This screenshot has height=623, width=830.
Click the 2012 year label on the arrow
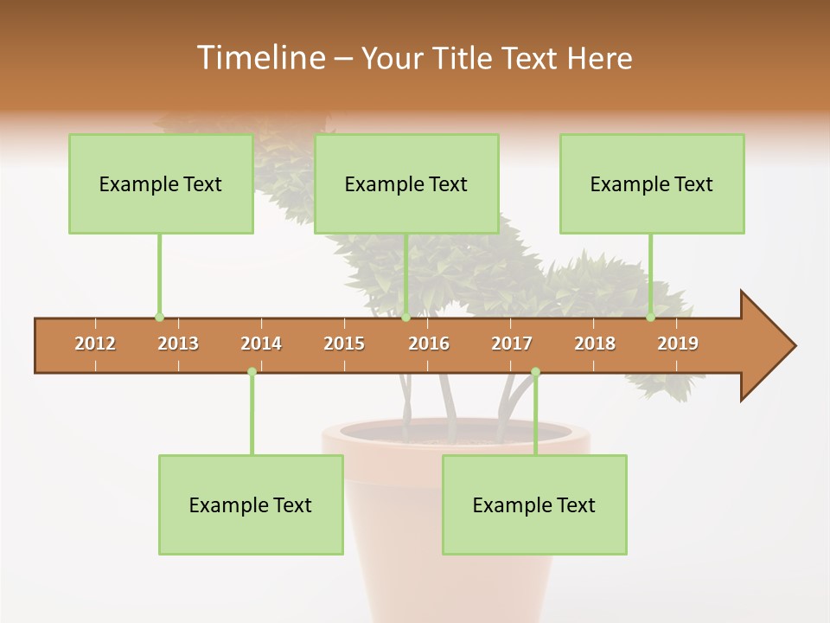(95, 344)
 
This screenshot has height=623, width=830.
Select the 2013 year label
(178, 344)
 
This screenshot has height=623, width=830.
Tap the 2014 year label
(261, 344)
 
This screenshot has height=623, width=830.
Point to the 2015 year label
(344, 344)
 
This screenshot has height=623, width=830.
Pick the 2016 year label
(429, 344)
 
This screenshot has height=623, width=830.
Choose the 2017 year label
(512, 344)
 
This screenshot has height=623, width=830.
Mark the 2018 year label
(595, 344)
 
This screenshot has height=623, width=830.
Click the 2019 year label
(678, 344)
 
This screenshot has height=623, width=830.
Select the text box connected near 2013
(161, 184)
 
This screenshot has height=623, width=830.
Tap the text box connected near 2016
(406, 184)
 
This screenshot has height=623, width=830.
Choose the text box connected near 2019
(652, 184)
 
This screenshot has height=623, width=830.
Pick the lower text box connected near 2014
(251, 505)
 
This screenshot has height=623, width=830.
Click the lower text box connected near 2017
(534, 505)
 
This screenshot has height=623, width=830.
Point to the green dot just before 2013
(159, 318)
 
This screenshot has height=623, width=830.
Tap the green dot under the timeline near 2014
(252, 372)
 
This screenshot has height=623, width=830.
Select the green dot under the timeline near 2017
(535, 372)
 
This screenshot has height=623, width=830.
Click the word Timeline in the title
(259, 58)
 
